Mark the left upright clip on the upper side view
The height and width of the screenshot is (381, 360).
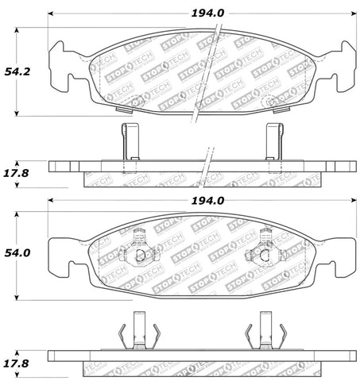[x=127, y=144]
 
